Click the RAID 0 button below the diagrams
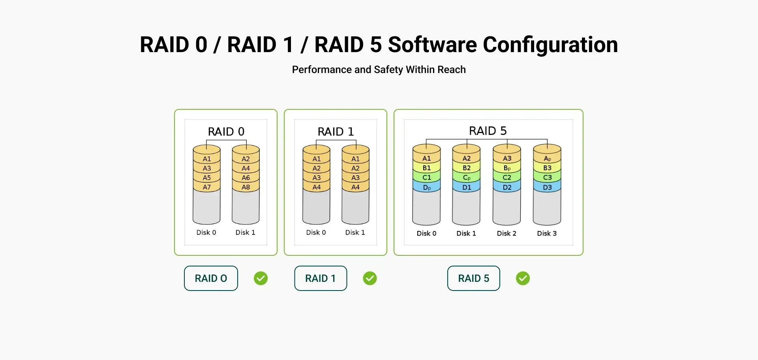(211, 278)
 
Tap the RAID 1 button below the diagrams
(321, 278)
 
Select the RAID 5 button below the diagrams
(473, 278)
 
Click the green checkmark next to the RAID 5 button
(523, 278)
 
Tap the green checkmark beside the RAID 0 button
(261, 278)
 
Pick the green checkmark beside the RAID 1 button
(370, 278)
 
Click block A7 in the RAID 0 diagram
(206, 187)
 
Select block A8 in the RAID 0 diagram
(246, 187)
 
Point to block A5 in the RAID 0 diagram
(206, 178)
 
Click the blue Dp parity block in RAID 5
(426, 187)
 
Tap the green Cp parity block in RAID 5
(466, 178)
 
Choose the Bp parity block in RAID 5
(507, 168)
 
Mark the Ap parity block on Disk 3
(547, 159)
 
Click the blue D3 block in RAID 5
(547, 187)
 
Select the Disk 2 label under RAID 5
(507, 233)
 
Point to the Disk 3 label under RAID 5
(547, 233)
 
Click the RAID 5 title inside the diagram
(488, 131)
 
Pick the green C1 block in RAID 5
(426, 178)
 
